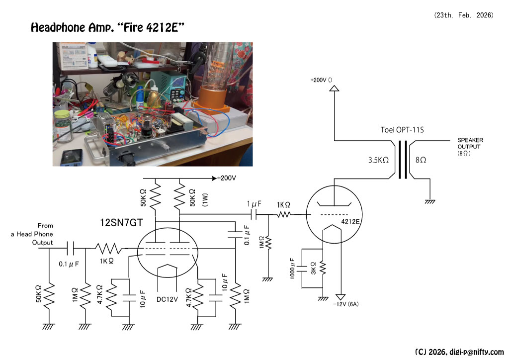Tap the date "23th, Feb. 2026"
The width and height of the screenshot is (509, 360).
click(x=464, y=15)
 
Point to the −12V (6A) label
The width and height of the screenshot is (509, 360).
click(x=346, y=303)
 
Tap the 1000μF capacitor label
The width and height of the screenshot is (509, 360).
click(x=294, y=270)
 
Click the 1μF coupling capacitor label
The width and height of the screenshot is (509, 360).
click(x=254, y=205)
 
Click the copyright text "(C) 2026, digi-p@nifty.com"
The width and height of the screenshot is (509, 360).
click(x=459, y=352)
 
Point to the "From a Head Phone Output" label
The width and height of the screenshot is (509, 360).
click(x=42, y=234)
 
